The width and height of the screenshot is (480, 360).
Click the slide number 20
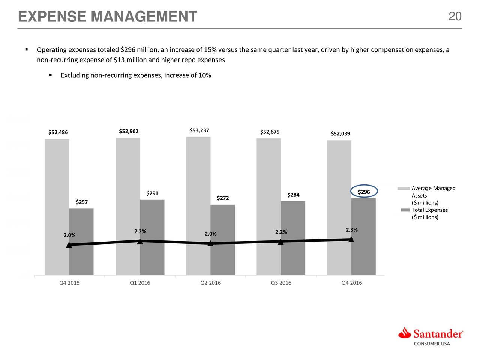click(455, 16)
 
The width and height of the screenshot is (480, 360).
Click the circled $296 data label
click(364, 192)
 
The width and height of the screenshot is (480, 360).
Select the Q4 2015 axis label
click(69, 283)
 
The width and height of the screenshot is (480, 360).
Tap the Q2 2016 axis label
click(210, 283)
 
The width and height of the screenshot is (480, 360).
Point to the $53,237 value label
click(199, 130)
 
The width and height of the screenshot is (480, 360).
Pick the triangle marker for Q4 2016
click(351, 239)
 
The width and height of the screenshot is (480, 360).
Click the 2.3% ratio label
click(351, 230)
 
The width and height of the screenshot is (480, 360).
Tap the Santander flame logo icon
click(405, 333)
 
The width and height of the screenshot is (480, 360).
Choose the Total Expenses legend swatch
click(405, 210)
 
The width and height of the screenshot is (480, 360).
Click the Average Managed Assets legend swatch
click(405, 188)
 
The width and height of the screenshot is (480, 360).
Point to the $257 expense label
click(82, 202)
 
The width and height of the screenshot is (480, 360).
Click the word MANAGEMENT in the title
click(144, 16)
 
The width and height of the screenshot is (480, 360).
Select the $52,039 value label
click(340, 134)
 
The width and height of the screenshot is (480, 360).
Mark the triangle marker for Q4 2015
click(69, 245)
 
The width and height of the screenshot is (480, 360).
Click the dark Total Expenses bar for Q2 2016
click(223, 240)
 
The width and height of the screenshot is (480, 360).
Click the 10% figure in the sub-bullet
click(205, 75)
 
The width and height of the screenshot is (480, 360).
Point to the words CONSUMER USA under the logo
click(432, 343)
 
